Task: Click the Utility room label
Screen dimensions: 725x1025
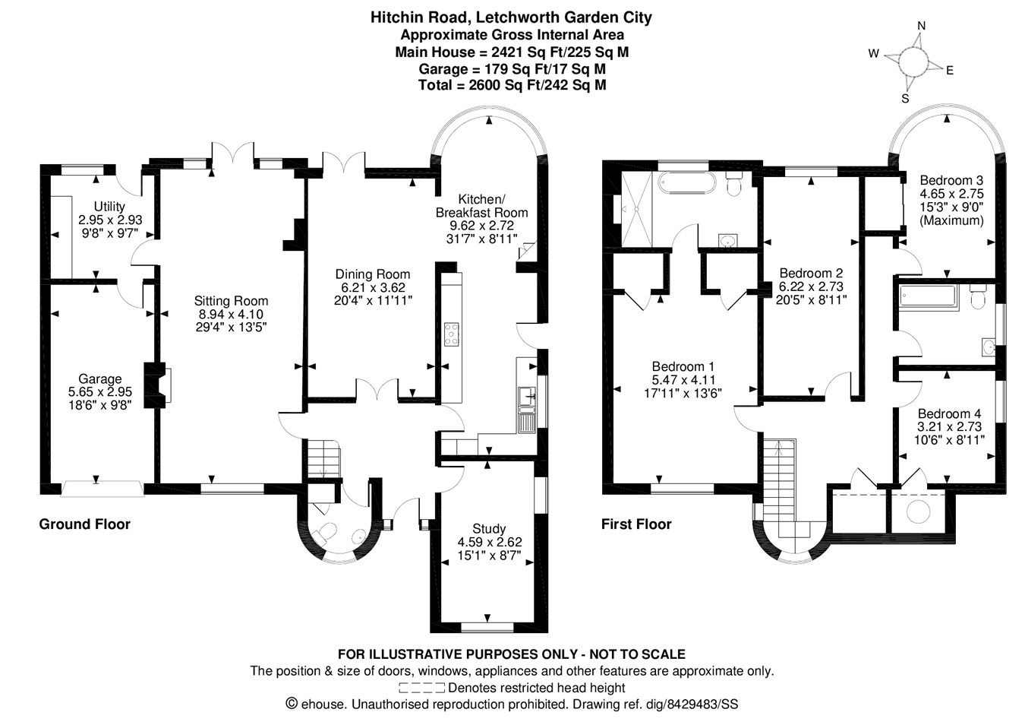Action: (109, 207)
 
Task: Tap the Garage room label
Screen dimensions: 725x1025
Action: (99, 378)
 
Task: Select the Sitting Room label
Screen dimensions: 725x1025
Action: (231, 301)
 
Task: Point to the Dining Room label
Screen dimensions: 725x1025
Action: (372, 274)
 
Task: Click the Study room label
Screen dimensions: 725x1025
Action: (488, 529)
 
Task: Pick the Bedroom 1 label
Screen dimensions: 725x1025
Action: (683, 366)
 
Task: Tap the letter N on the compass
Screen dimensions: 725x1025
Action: (921, 26)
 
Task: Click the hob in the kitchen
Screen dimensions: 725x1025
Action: (452, 334)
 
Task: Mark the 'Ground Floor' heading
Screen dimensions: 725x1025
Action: (84, 524)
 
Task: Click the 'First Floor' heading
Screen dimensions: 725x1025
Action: (636, 524)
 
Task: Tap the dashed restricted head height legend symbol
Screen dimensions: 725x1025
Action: (421, 689)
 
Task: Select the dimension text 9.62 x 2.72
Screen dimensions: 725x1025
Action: (481, 226)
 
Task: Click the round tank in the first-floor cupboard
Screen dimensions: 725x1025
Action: (919, 511)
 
